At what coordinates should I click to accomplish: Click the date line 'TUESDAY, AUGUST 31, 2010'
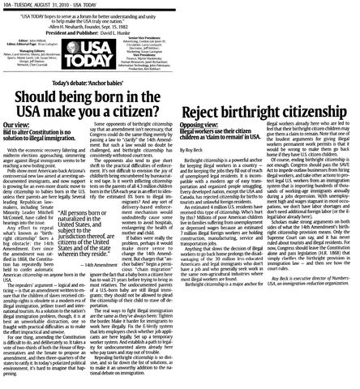(x=50, y=4)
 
